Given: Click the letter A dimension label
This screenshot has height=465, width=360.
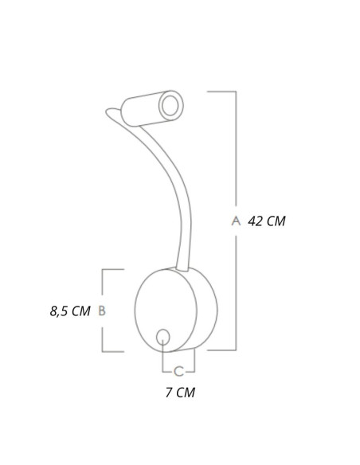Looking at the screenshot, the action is pyautogui.click(x=236, y=221).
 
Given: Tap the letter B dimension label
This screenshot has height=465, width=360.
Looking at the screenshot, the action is pyautogui.click(x=102, y=311).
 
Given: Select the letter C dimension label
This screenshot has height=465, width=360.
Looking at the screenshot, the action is pyautogui.click(x=178, y=371).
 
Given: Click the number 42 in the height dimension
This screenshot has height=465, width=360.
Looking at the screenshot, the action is pyautogui.click(x=254, y=221).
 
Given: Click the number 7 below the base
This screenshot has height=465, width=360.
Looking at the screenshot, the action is pyautogui.click(x=169, y=393).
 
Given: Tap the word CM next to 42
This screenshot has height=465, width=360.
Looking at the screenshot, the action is pyautogui.click(x=276, y=221).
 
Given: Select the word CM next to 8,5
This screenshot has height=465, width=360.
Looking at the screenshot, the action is pyautogui.click(x=81, y=311).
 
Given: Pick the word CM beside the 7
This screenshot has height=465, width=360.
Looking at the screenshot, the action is pyautogui.click(x=186, y=393).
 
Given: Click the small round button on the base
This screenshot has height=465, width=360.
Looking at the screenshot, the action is pyautogui.click(x=162, y=337).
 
